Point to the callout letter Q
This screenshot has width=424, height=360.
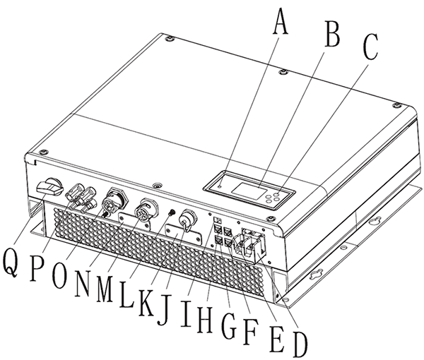[11, 263]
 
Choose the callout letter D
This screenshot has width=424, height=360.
[300, 344]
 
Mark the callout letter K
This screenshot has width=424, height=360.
[146, 303]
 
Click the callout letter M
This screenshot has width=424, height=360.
[105, 288]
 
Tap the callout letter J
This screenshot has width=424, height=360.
[165, 310]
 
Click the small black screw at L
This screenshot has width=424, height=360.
[171, 212]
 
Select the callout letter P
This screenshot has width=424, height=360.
[37, 268]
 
